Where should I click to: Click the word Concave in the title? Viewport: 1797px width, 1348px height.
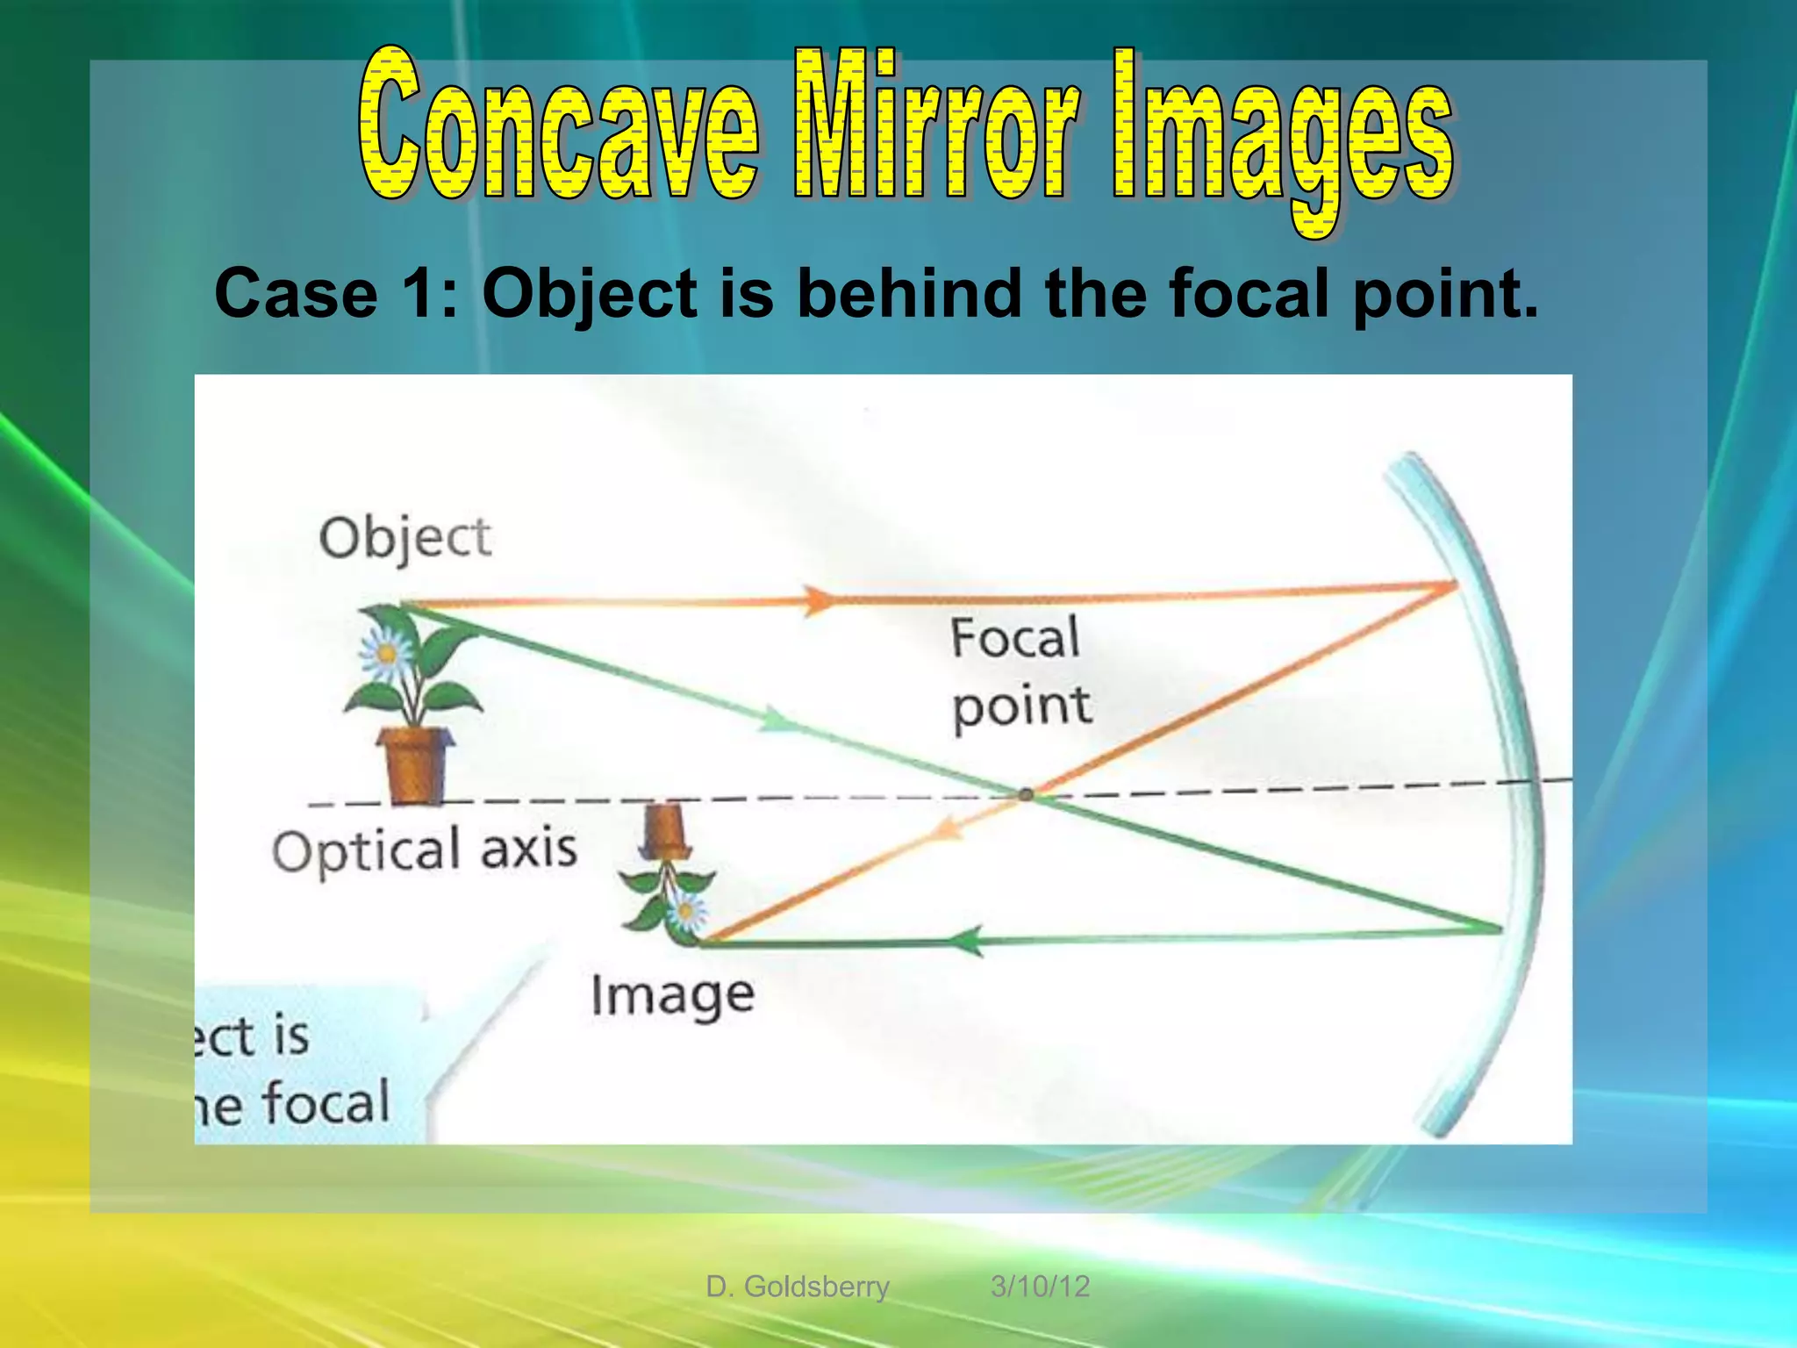click(x=558, y=125)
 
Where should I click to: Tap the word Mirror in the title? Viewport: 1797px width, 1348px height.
click(x=935, y=125)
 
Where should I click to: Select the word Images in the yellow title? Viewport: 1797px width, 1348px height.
click(x=1283, y=132)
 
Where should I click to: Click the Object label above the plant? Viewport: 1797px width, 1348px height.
click(x=405, y=537)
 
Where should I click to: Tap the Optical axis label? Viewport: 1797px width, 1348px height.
click(x=425, y=850)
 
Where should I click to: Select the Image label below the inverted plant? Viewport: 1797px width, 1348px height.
click(x=672, y=996)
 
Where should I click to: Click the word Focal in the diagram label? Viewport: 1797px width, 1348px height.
click(x=1014, y=637)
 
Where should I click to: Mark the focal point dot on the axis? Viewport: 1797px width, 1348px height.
click(x=1026, y=794)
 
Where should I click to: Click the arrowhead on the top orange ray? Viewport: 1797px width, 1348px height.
click(x=820, y=600)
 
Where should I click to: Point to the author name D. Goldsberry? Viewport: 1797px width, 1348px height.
click(x=798, y=1287)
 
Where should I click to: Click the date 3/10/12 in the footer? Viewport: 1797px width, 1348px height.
click(x=1040, y=1287)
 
